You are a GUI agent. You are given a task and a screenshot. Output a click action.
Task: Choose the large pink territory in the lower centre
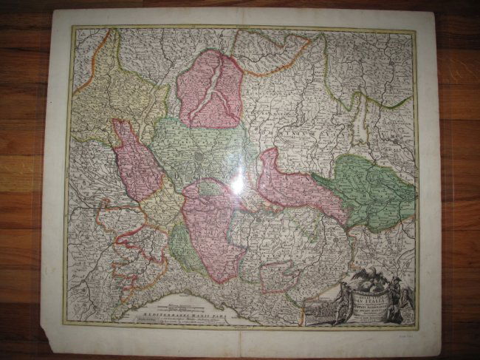pos(214,229)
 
